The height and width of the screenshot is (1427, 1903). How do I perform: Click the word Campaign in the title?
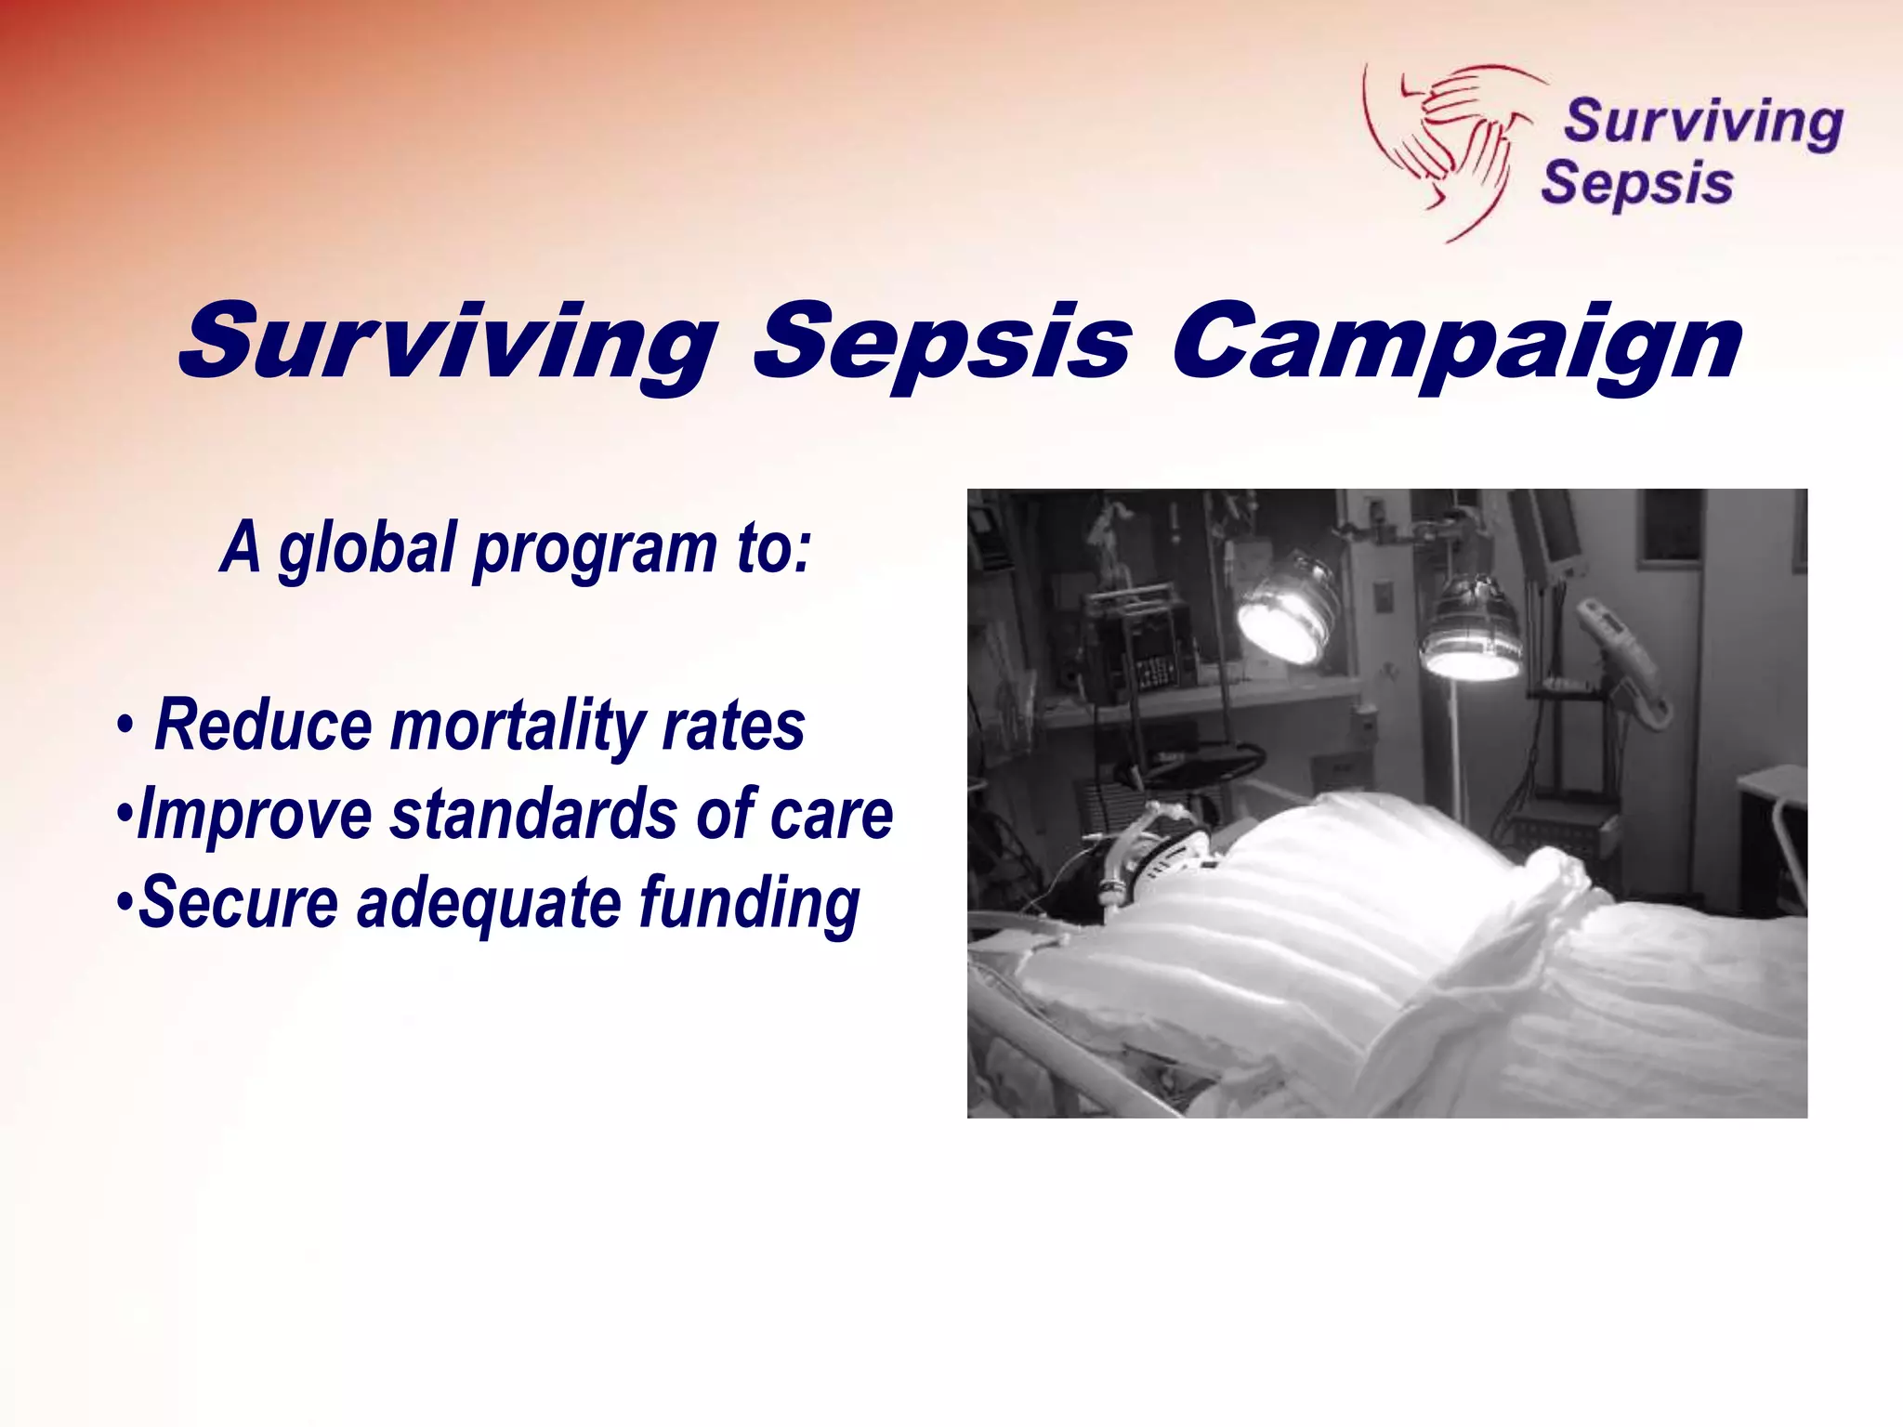tap(1455, 344)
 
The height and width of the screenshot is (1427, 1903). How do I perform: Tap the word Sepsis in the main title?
tap(942, 344)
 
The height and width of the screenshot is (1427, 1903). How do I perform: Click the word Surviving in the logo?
tap(1703, 123)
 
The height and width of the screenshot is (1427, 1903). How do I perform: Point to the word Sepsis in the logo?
tap(1637, 183)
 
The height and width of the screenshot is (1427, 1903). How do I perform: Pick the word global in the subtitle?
tap(366, 548)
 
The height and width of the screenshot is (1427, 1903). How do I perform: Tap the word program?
tap(595, 550)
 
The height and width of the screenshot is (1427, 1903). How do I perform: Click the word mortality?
tap(516, 727)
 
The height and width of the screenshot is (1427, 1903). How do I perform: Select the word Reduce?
tap(263, 727)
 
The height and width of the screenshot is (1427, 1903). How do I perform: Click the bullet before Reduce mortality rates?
tap(124, 726)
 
